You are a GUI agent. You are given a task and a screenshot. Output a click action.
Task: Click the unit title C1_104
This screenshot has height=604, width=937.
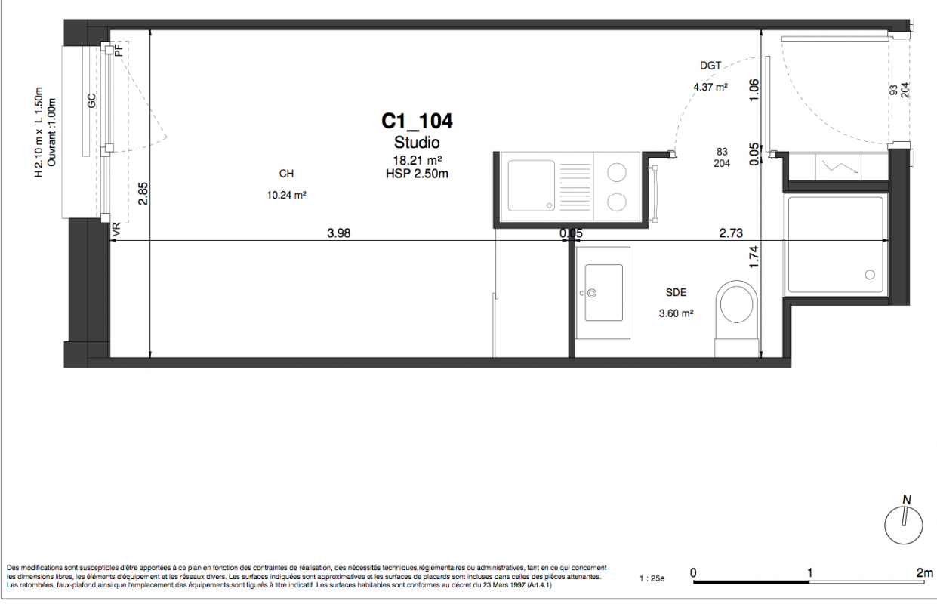[417, 122]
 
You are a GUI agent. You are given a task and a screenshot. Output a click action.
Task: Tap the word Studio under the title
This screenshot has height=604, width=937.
[417, 143]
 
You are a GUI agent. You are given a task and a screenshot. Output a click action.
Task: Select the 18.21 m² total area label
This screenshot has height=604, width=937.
[417, 160]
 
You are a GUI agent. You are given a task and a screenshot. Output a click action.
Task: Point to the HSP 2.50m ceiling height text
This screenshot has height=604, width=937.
[417, 174]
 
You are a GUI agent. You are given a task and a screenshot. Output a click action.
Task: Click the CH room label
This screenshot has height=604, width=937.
[287, 174]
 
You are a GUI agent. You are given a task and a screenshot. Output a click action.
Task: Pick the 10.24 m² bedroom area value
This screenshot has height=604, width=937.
[287, 195]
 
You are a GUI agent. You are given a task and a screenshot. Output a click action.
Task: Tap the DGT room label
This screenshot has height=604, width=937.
[710, 66]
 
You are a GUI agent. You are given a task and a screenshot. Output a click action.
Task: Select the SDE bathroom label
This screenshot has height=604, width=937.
[676, 292]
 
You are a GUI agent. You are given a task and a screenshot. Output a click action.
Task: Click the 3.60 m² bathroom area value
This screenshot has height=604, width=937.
[676, 313]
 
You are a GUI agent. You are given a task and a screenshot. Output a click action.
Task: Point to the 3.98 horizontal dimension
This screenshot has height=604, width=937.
[338, 233]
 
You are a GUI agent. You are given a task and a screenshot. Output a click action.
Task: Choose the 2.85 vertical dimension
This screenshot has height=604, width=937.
[143, 193]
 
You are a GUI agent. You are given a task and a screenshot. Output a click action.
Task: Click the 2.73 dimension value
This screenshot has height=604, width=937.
[731, 233]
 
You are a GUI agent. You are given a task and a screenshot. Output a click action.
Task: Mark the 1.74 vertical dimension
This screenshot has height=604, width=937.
[754, 257]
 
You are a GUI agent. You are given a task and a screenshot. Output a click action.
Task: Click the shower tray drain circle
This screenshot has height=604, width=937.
[870, 275]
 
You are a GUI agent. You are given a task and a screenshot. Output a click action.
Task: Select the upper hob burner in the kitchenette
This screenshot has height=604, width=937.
[617, 172]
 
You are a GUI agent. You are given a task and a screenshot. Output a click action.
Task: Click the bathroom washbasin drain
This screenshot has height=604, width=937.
[592, 293]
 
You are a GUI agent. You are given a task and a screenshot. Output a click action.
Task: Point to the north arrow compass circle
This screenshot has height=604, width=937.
[904, 525]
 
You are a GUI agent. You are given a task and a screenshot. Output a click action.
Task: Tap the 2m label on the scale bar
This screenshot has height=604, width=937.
[924, 572]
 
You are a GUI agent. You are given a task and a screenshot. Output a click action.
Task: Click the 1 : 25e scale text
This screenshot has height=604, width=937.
[652, 579]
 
